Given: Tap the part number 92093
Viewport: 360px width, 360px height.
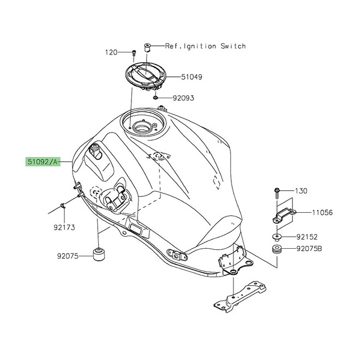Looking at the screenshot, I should [x=183, y=98].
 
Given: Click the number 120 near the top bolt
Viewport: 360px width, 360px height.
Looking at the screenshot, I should [x=111, y=52].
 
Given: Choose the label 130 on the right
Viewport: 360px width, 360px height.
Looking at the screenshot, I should [x=301, y=191].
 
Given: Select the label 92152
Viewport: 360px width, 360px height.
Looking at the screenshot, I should [x=307, y=237].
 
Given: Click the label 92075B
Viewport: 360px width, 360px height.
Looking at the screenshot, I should [x=309, y=249].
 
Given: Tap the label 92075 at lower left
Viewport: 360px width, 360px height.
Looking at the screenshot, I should [x=68, y=255].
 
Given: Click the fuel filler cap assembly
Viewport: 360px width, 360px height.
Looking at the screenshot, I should [x=146, y=76].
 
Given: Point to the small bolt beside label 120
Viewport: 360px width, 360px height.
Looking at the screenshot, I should [x=133, y=53].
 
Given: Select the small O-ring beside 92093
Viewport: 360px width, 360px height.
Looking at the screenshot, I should [x=156, y=98].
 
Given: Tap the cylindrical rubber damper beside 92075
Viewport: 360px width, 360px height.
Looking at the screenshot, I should [x=98, y=255].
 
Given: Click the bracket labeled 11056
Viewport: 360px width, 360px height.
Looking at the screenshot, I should [x=281, y=213].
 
